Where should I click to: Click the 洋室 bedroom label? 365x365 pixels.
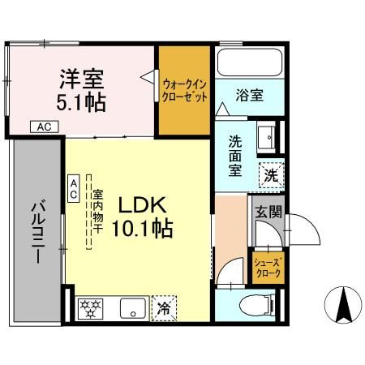pos(82,79)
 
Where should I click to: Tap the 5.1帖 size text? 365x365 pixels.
pos(81,103)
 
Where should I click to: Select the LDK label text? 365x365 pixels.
pos(142,205)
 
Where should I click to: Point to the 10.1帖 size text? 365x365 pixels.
pos(142,229)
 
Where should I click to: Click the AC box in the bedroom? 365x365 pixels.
pos(45,127)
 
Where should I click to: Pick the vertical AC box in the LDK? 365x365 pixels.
pos(74,188)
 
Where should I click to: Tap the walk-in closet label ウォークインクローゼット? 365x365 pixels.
pos(184,91)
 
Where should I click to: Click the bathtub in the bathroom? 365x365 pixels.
pos(250,62)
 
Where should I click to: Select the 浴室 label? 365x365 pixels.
pos(250,95)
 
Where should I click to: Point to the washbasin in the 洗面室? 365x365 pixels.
pos(267,137)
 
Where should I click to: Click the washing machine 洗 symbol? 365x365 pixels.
pos(272,175)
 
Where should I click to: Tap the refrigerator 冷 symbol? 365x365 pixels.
pos(164,308)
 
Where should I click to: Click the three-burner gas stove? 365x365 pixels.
pos(91,308)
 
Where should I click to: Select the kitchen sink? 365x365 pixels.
pos(132,308)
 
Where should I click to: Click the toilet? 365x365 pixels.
pos(257,305)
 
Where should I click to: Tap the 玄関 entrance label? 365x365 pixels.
pos(268,212)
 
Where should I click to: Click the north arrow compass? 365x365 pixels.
pos(343,305)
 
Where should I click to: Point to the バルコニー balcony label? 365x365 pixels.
pos(37,231)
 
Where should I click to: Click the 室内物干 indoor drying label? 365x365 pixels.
pos(97,212)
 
